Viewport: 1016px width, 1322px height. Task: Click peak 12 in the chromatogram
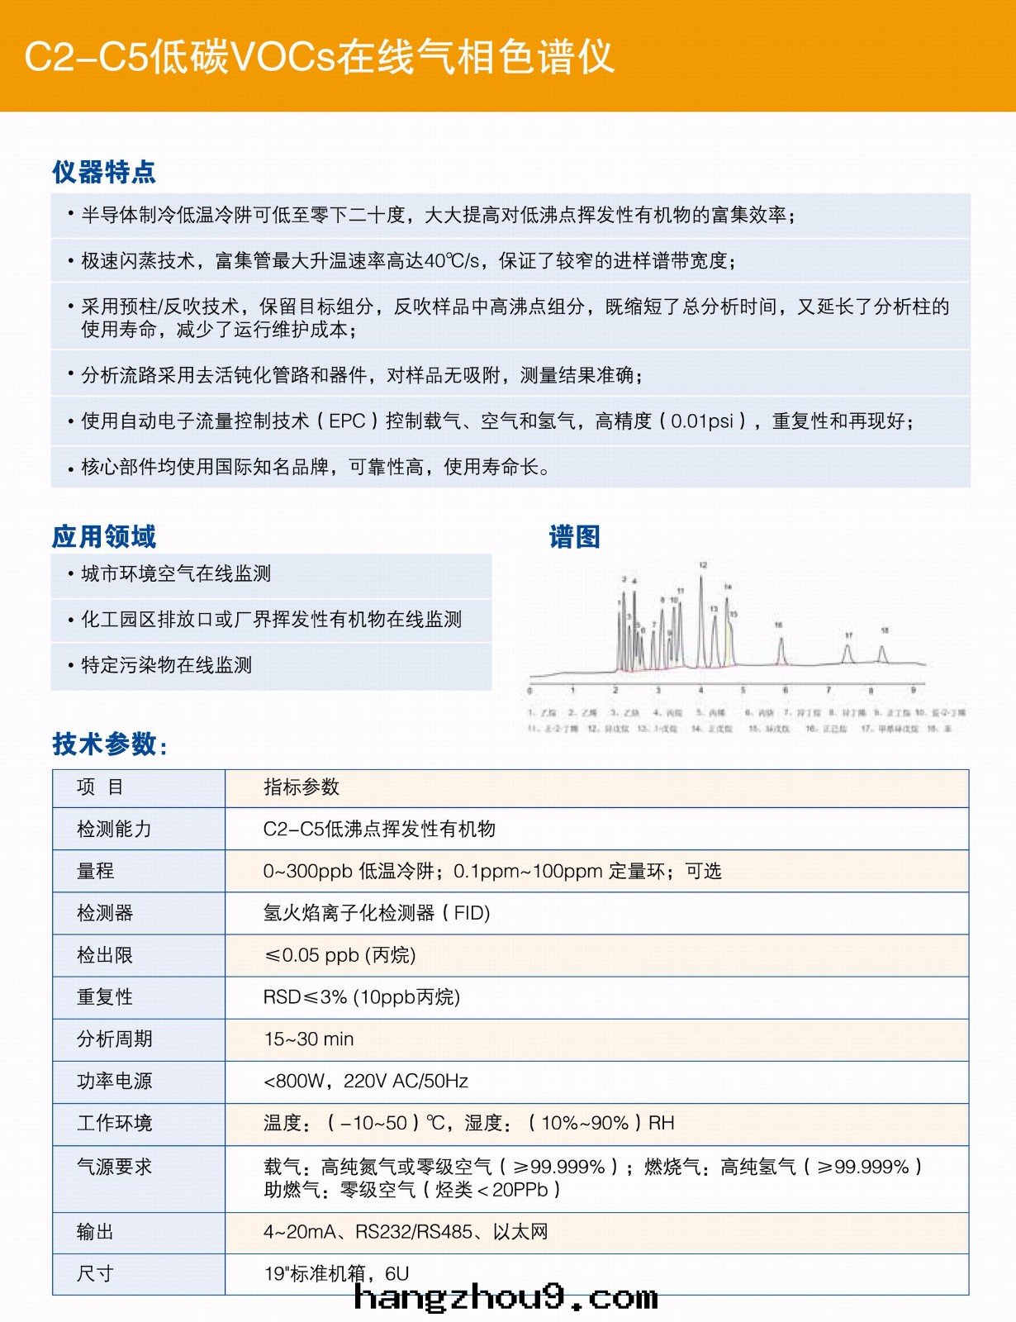point(701,616)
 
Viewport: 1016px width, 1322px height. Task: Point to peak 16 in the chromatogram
point(781,649)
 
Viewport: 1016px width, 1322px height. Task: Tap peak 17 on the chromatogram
point(847,653)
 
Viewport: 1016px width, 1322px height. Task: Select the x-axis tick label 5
point(743,690)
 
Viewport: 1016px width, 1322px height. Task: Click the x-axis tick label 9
point(913,690)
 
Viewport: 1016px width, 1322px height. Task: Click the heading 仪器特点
point(104,172)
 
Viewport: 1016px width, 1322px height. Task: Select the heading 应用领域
point(104,536)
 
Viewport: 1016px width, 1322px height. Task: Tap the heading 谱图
point(574,537)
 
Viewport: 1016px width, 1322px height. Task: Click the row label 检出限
point(105,955)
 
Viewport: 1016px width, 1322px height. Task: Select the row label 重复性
point(105,997)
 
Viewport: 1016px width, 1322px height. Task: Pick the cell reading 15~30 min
point(308,1039)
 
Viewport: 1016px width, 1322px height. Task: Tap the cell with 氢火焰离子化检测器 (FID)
point(377,913)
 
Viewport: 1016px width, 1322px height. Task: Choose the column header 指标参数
point(301,787)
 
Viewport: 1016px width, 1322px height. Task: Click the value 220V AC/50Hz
point(406,1082)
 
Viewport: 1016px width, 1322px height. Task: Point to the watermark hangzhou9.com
point(506,1298)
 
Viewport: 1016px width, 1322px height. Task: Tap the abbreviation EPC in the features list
point(347,421)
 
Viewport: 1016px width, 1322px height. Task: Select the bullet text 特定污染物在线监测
point(166,665)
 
